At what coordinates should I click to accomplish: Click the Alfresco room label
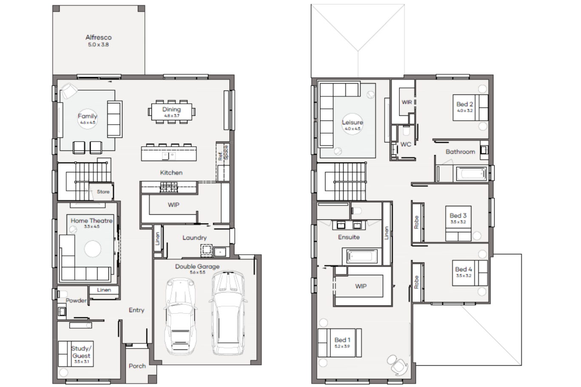(x=98, y=37)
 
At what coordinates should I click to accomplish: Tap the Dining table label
(x=171, y=110)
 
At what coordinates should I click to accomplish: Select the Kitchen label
(x=171, y=173)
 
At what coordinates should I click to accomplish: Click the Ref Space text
(x=223, y=153)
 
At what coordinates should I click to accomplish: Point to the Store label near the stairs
(x=103, y=192)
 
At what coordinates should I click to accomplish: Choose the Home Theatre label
(x=91, y=221)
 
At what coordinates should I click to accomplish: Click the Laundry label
(x=194, y=238)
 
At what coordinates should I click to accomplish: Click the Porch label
(x=137, y=366)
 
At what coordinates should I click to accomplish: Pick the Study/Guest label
(x=81, y=352)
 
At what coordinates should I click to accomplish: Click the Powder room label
(x=76, y=301)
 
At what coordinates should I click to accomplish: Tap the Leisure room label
(x=352, y=122)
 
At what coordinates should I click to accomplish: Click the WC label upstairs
(x=406, y=145)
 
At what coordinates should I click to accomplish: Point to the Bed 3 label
(x=458, y=216)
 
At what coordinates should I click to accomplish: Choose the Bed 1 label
(x=342, y=340)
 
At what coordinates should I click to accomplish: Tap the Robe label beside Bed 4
(x=416, y=282)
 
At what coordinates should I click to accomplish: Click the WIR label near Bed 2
(x=407, y=102)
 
